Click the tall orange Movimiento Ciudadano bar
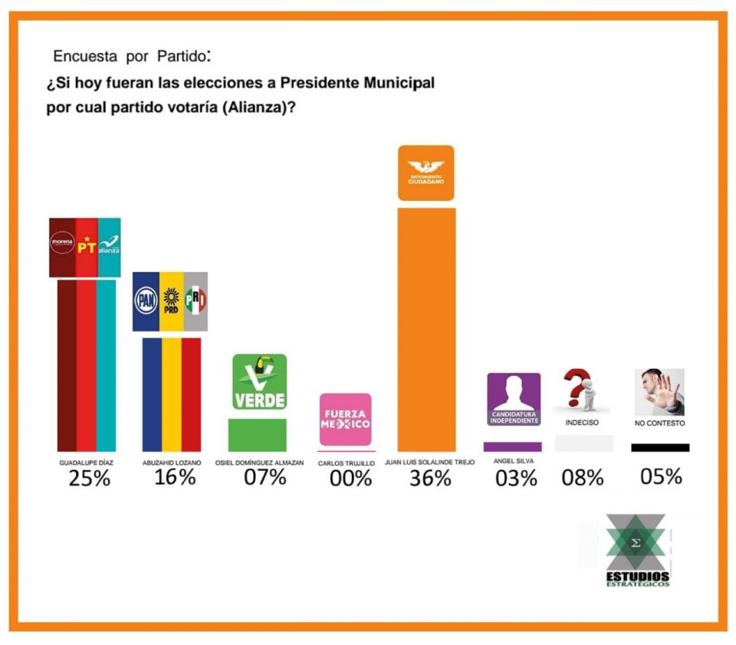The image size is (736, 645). (426, 330)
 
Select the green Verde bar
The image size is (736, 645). (258, 435)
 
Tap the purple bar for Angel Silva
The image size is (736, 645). (512, 446)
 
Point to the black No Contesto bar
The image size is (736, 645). (660, 447)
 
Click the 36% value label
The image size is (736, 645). (430, 479)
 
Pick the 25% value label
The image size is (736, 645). (89, 479)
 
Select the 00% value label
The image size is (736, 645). (350, 479)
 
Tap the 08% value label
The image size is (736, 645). (583, 478)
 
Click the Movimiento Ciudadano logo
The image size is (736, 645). (426, 173)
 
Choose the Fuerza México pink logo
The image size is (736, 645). (345, 420)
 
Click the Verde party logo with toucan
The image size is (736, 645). (259, 382)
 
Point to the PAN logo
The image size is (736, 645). (146, 301)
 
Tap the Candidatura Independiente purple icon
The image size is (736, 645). (514, 399)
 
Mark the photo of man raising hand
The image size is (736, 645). (659, 392)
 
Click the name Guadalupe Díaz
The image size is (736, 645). (87, 463)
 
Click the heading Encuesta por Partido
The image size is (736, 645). (131, 57)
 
